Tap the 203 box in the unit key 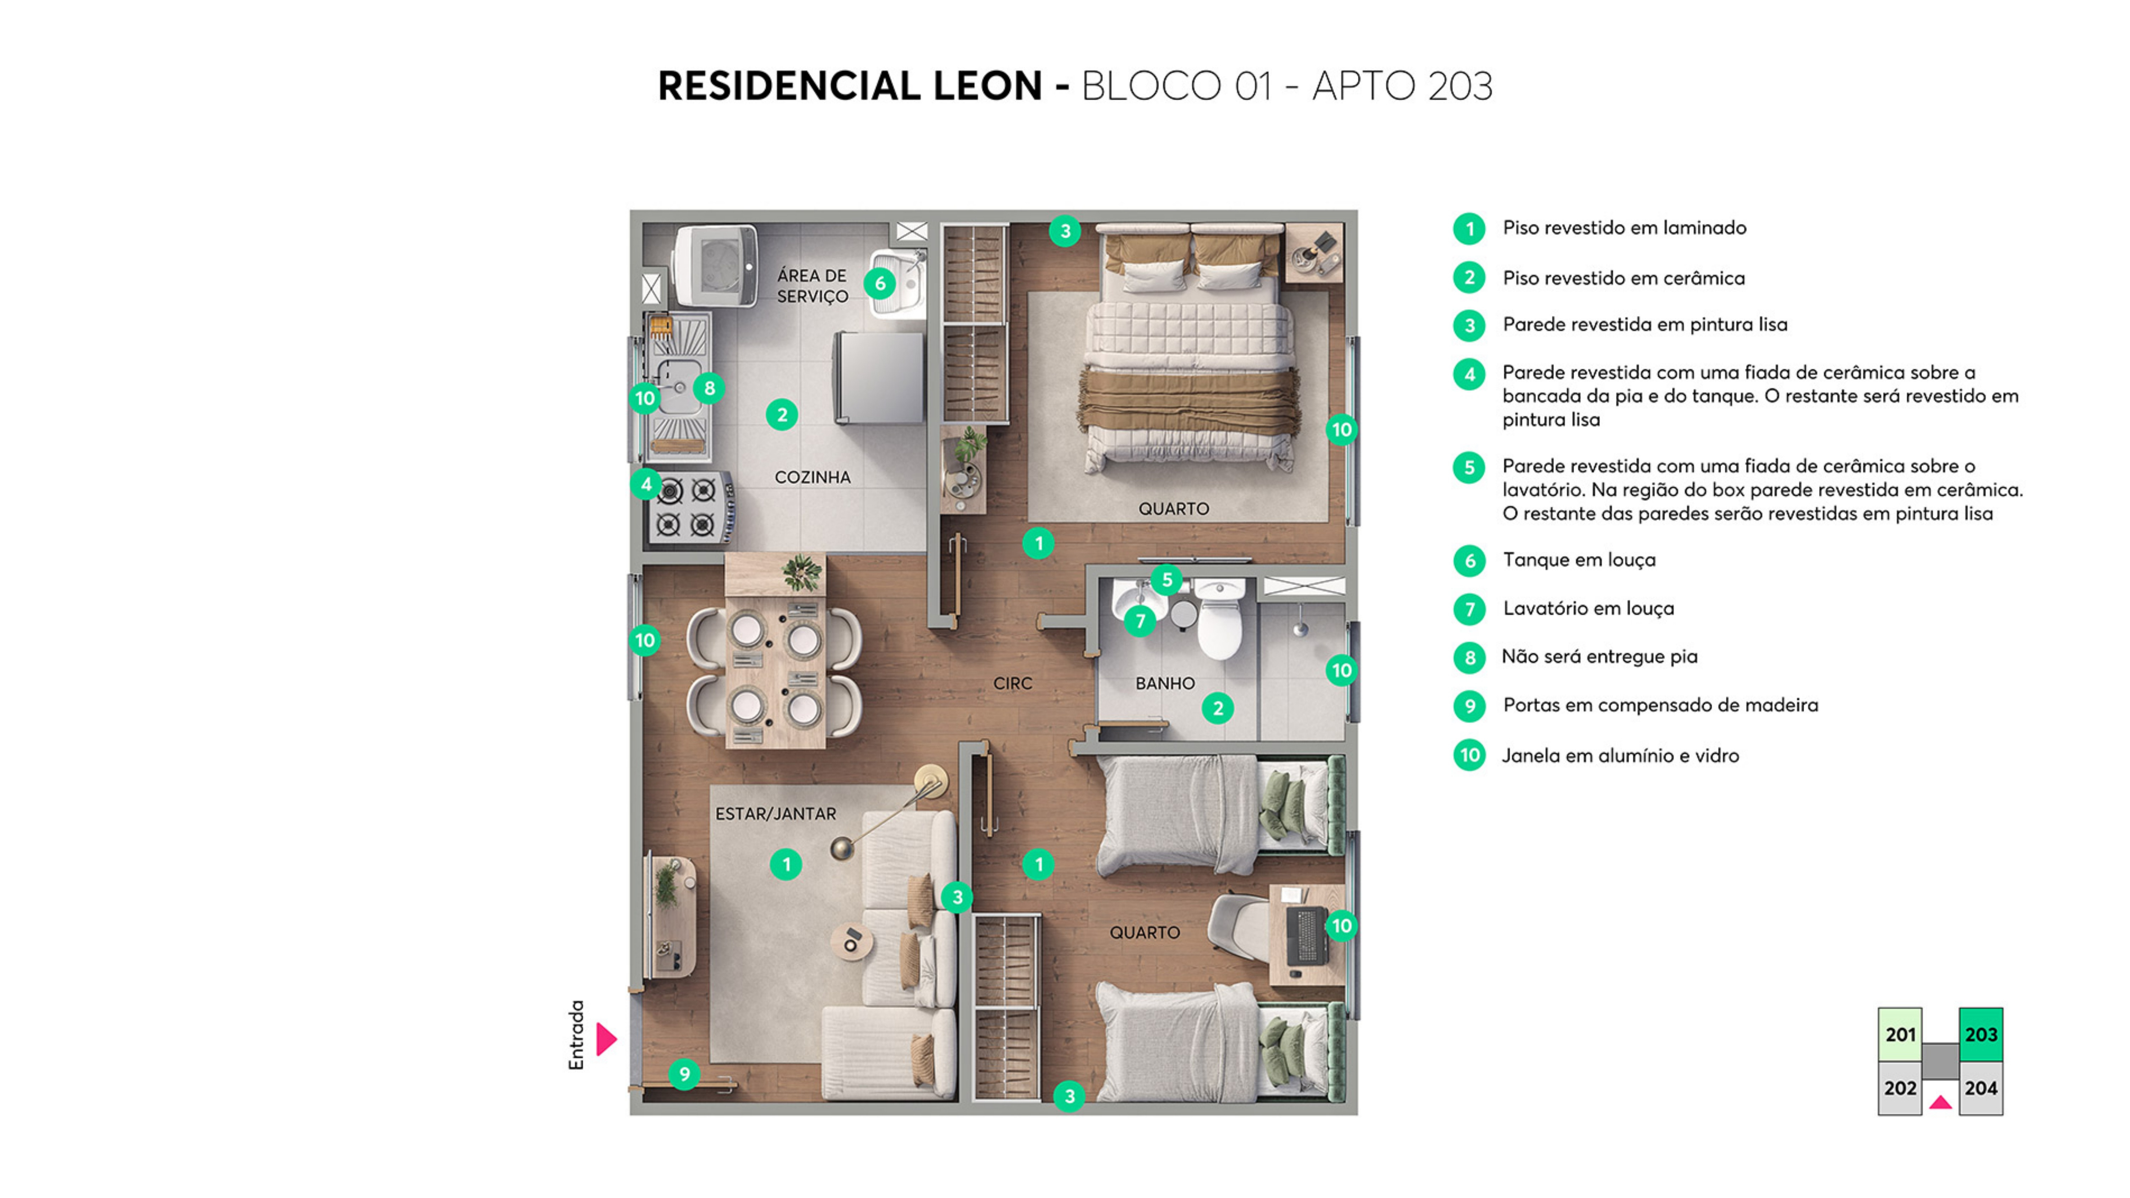(1980, 1034)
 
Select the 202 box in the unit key (1899, 1088)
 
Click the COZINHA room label (812, 477)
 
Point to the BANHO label (1164, 683)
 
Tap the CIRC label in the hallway (1012, 683)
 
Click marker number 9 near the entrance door (684, 1074)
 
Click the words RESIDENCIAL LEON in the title (850, 86)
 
